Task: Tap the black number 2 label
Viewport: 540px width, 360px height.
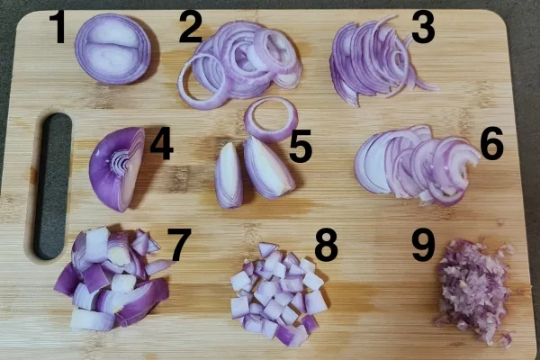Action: [x=191, y=26]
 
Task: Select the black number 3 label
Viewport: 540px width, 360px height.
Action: [x=423, y=27]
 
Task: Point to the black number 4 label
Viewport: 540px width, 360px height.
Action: [x=161, y=143]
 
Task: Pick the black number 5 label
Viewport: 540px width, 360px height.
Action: [x=301, y=146]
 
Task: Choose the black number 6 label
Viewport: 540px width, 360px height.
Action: [x=491, y=143]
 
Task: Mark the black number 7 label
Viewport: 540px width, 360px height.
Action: [x=179, y=245]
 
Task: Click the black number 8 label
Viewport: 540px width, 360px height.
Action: [x=326, y=245]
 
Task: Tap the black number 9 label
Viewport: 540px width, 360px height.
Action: [x=424, y=245]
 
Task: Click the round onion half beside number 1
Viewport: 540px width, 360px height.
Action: [x=113, y=49]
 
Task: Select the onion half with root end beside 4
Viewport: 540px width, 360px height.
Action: [x=117, y=169]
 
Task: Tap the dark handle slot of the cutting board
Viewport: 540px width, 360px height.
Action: [x=53, y=186]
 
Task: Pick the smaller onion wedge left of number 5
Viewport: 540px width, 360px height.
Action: [x=229, y=176]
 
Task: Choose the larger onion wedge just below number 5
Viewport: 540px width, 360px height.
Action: [x=268, y=168]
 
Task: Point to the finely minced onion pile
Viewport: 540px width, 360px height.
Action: [x=473, y=291]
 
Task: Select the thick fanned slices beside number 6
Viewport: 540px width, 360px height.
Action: [x=417, y=166]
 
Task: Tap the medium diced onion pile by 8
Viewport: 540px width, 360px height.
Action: [x=278, y=294]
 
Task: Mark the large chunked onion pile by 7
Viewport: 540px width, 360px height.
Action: [x=112, y=279]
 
